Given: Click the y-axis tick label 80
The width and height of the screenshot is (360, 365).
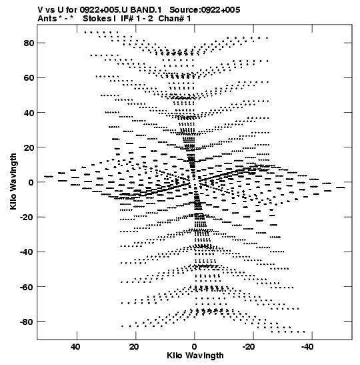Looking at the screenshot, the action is (x=29, y=43).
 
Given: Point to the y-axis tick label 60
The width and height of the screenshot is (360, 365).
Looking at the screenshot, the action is (x=29, y=78).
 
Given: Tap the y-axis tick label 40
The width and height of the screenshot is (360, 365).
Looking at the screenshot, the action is (x=29, y=113).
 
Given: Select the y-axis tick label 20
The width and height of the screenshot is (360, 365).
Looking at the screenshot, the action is (x=29, y=147).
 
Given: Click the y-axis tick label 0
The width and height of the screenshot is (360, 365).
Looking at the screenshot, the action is (x=31, y=182).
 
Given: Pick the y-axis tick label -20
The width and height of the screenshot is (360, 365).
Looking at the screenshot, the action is (x=27, y=217).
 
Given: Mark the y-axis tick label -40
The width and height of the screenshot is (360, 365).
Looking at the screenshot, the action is (x=27, y=252).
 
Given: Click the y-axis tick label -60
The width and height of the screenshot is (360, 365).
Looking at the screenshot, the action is (x=27, y=287).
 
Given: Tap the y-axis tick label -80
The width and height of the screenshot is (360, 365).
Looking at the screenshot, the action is (x=27, y=322).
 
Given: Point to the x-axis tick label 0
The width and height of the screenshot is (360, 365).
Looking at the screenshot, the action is (x=195, y=347).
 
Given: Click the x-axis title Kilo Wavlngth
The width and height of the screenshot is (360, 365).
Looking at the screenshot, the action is (x=195, y=356).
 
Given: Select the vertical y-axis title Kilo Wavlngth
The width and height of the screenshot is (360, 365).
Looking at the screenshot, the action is (x=13, y=181).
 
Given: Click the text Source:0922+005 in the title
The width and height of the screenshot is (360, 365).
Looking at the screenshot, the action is (x=205, y=10).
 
